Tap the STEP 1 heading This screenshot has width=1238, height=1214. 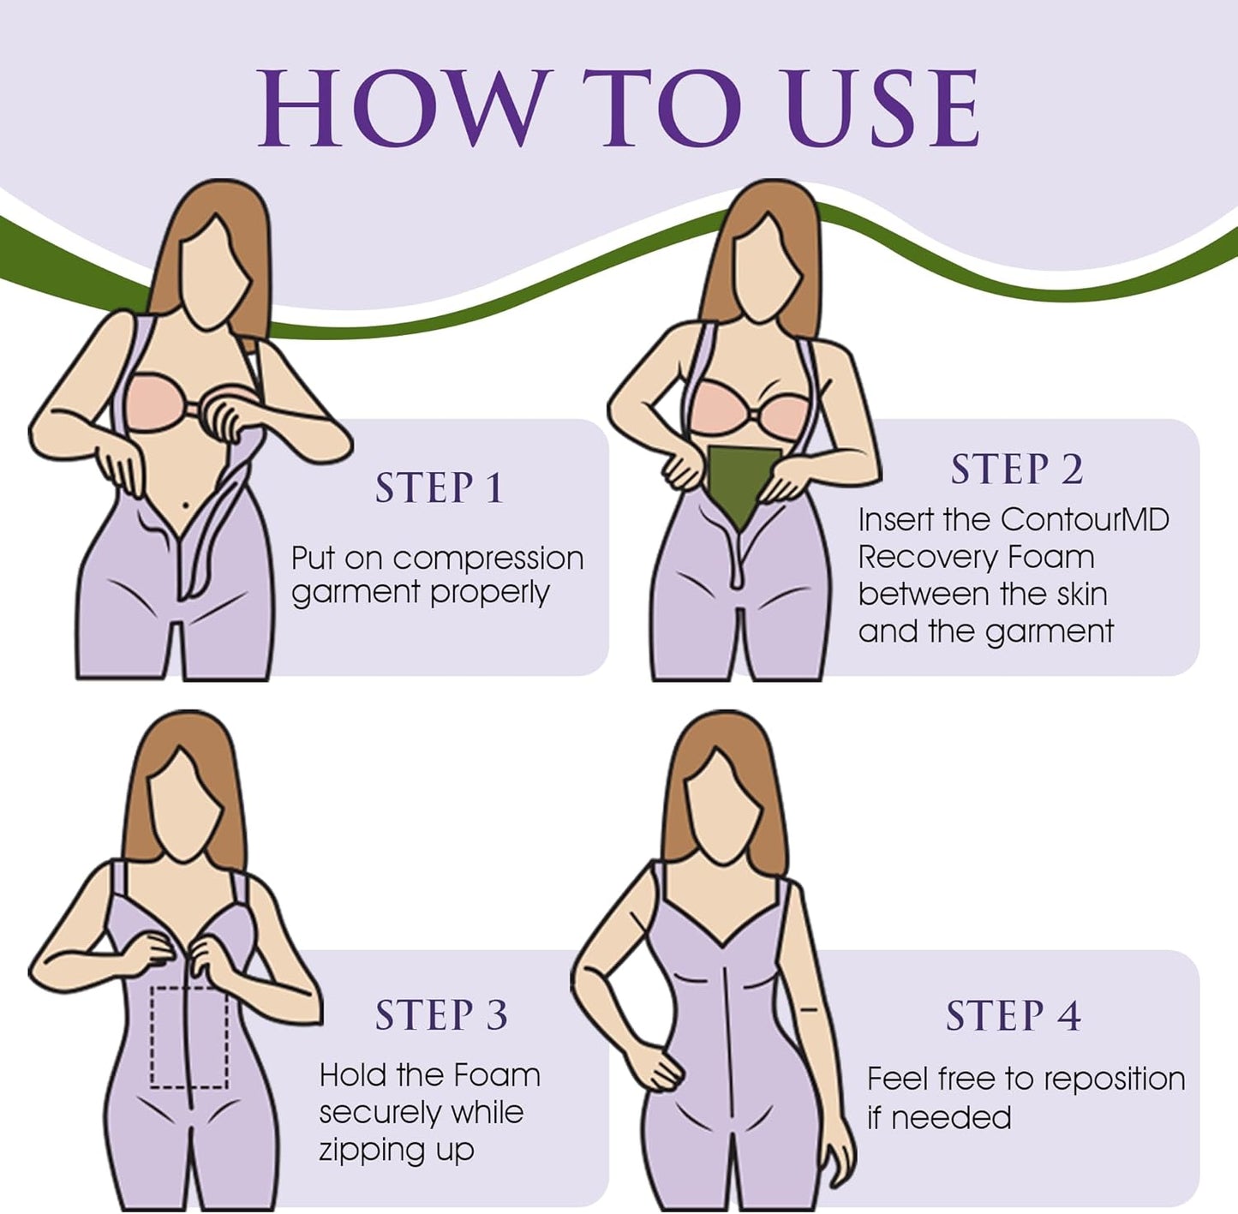tap(440, 487)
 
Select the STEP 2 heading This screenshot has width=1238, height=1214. tap(1017, 469)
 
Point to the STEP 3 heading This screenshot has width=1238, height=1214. tap(441, 1014)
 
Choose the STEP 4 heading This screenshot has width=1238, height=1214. tap(1014, 1015)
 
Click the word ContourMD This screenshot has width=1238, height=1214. tap(1085, 520)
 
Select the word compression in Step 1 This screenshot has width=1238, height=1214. tap(488, 559)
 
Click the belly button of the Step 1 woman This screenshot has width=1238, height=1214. tap(186, 505)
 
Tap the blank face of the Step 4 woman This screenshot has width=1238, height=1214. tap(726, 809)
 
